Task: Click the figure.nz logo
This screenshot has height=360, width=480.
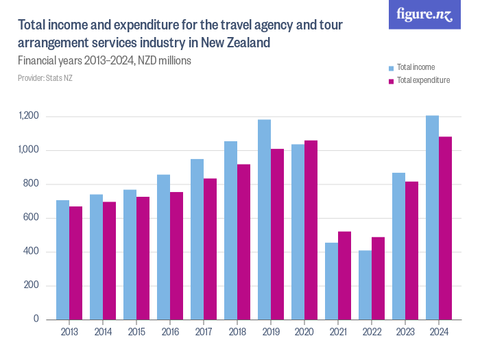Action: point(424,14)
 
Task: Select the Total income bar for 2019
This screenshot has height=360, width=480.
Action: point(264,219)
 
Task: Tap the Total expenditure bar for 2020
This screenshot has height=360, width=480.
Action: point(311,230)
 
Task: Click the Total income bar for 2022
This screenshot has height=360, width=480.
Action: point(365,285)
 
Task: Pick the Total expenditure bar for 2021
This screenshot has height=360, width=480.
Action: point(344,275)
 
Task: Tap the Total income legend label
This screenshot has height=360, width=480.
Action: point(416,67)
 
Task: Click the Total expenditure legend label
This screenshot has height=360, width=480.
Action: point(423,80)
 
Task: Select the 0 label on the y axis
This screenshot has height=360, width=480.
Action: point(39,320)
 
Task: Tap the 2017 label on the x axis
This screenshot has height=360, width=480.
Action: point(204,332)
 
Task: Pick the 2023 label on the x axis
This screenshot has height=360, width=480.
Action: point(405,332)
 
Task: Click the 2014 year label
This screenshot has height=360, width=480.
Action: point(103,332)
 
